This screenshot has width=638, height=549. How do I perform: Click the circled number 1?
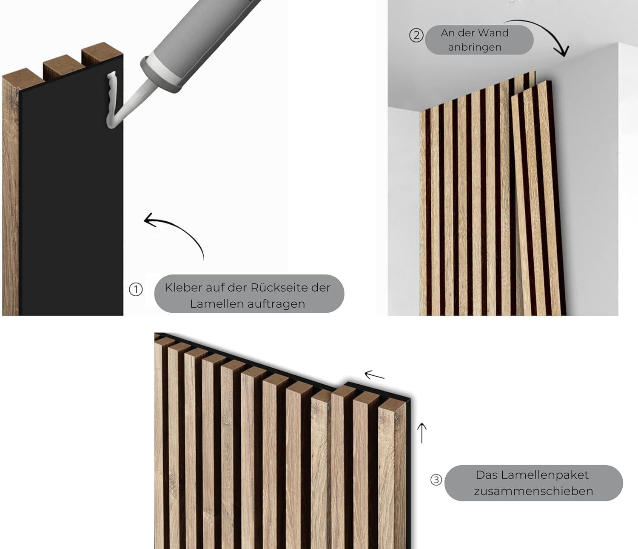(x=136, y=290)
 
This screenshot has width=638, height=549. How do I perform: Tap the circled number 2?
(x=416, y=35)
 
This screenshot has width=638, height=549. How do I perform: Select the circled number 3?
(x=436, y=480)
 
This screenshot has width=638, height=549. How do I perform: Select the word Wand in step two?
(x=494, y=33)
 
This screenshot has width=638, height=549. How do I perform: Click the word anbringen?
(x=475, y=47)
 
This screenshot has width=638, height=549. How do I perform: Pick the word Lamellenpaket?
(x=532, y=475)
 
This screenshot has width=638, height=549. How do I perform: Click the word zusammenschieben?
(x=533, y=491)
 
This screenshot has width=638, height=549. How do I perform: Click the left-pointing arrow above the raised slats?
(x=374, y=375)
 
